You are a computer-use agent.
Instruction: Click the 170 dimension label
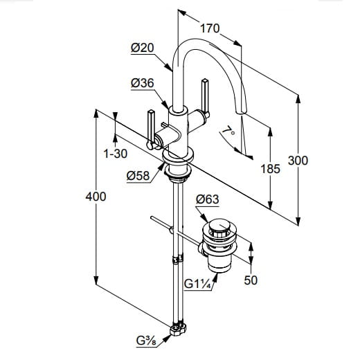click(210, 28)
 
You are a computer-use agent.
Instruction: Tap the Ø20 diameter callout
click(142, 48)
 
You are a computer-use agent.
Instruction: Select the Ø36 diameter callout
click(142, 83)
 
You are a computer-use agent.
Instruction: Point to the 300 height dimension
click(298, 161)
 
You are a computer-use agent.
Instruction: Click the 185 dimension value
click(270, 169)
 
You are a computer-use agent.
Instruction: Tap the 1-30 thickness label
click(116, 154)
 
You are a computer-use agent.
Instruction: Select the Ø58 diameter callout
click(138, 176)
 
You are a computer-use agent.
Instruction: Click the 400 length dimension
click(96, 197)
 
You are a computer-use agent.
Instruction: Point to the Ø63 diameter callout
click(207, 199)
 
